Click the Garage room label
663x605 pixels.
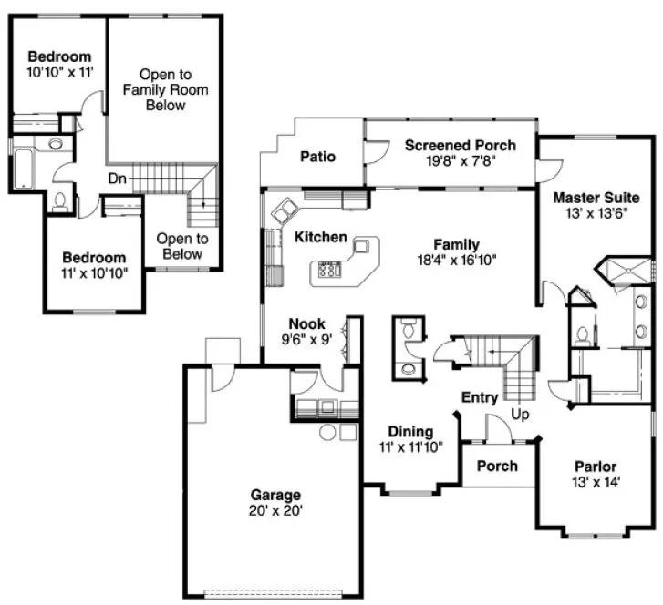(x=275, y=495)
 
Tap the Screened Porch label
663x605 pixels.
(x=460, y=145)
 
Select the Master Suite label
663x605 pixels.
(x=596, y=198)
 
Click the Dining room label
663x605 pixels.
(x=410, y=432)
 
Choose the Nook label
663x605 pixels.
(x=306, y=323)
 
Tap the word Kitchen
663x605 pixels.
(x=320, y=238)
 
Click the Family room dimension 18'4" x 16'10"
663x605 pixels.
(x=456, y=259)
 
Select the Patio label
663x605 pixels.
(x=317, y=157)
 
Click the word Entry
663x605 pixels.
(x=479, y=397)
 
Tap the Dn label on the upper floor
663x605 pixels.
(x=118, y=179)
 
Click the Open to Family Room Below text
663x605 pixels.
(x=165, y=89)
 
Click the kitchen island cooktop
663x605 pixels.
(x=329, y=271)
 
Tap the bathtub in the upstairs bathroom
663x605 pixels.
(x=21, y=168)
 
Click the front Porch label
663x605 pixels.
(x=498, y=466)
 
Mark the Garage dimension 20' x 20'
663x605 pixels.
(x=275, y=510)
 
